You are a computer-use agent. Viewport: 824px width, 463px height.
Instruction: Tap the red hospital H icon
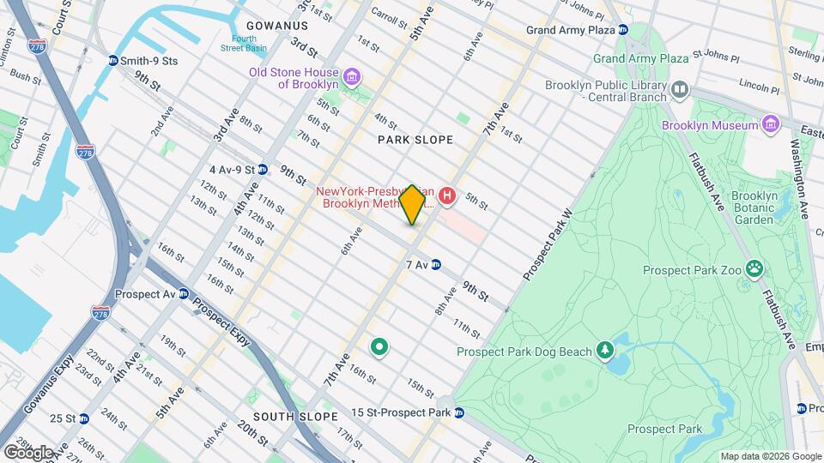click(446, 197)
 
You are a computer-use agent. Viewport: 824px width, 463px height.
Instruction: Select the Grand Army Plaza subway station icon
click(624, 30)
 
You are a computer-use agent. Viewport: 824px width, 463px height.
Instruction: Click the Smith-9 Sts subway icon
click(112, 61)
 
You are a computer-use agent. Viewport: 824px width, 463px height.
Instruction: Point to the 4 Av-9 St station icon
click(263, 170)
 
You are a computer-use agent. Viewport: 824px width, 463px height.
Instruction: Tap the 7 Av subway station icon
click(436, 265)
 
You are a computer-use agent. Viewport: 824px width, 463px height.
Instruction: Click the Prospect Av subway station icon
click(183, 293)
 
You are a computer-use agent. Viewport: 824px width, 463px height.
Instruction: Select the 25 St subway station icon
click(83, 418)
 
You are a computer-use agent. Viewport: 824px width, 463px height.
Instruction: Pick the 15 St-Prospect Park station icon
click(459, 413)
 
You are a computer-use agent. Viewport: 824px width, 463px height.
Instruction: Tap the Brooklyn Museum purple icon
click(770, 125)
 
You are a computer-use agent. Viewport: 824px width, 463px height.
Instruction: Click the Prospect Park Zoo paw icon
click(754, 270)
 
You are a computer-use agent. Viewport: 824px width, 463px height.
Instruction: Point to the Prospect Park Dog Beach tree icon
click(606, 351)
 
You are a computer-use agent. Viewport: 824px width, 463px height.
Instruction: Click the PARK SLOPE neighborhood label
click(415, 139)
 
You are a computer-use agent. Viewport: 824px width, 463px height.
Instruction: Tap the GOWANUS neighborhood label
click(276, 26)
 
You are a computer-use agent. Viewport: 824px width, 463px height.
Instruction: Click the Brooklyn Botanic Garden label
click(753, 207)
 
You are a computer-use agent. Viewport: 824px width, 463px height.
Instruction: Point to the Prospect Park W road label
click(548, 244)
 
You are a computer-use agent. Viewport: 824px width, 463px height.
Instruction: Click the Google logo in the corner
click(27, 452)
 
